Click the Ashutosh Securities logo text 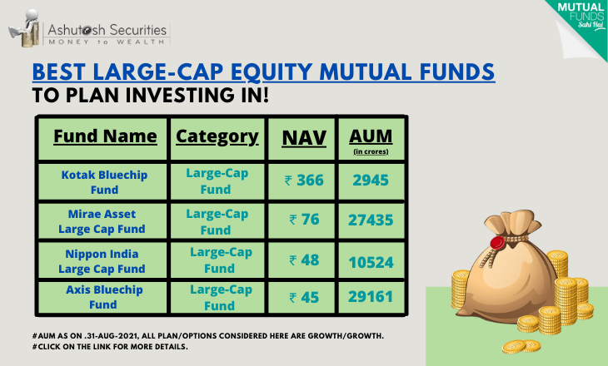point(107,34)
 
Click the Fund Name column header point(105,136)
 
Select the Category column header point(217,137)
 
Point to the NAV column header point(304,138)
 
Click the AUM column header point(371,141)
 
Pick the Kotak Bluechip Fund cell point(104,182)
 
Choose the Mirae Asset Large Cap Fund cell point(102,221)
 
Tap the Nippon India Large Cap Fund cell point(102,261)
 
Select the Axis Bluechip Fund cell point(104,297)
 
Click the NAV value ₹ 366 point(304,181)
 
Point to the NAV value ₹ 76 point(304,220)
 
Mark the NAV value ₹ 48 point(304,260)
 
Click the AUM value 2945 point(371,181)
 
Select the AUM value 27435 point(371,220)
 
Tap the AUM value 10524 point(371,262)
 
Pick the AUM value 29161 point(371,297)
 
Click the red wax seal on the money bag point(497,243)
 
